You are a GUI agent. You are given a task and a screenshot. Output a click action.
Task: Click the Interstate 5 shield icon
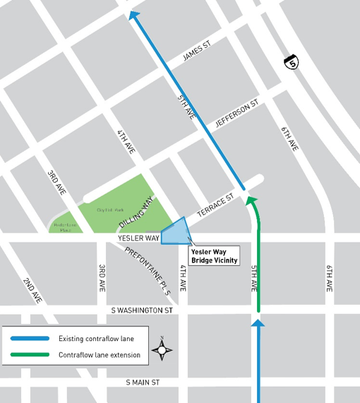coord(292,62)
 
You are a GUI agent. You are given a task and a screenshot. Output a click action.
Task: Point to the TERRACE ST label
coord(215,207)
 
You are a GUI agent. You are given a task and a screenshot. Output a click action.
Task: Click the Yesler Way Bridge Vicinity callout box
coord(213,255)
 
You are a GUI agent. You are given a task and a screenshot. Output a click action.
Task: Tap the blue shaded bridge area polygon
coord(175,231)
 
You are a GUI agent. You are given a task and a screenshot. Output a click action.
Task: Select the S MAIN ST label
coord(143,383)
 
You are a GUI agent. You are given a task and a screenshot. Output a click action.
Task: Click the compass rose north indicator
coord(162,348)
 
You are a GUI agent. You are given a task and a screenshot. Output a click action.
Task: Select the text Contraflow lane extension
coord(100,354)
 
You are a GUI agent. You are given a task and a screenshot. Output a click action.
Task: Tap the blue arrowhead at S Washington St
coord(258,323)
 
